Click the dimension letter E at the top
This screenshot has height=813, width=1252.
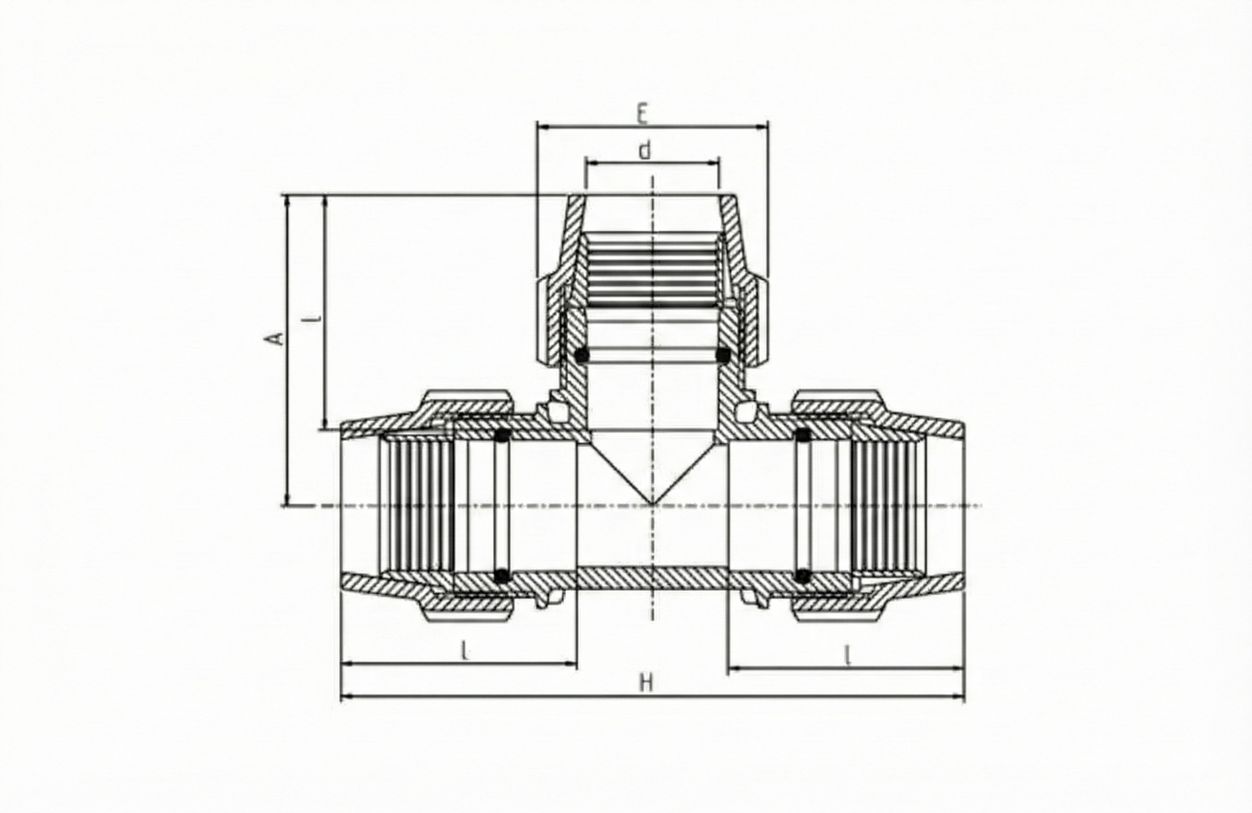642,114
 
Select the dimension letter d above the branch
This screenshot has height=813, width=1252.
645,151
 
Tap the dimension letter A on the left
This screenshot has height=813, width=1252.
275,338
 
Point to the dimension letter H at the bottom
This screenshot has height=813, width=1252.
645,683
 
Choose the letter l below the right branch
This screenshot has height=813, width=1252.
847,655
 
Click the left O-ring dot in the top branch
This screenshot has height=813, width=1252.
582,355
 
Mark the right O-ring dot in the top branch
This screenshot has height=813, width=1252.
722,355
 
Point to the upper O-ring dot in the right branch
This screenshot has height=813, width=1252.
802,436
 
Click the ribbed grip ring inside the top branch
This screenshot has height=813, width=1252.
652,268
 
